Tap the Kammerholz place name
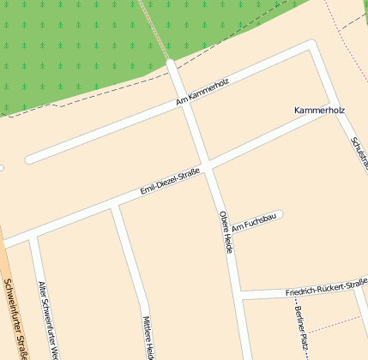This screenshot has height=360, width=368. tap(318, 111)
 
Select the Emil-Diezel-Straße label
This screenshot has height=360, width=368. tap(170, 182)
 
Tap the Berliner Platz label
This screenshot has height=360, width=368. tap(301, 327)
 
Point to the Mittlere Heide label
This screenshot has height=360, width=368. tap(148, 336)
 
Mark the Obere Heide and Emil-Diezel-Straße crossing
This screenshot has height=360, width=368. tap(207, 162)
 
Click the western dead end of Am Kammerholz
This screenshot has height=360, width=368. tap(30, 159)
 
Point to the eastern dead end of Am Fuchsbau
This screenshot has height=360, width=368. tap(279, 214)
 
